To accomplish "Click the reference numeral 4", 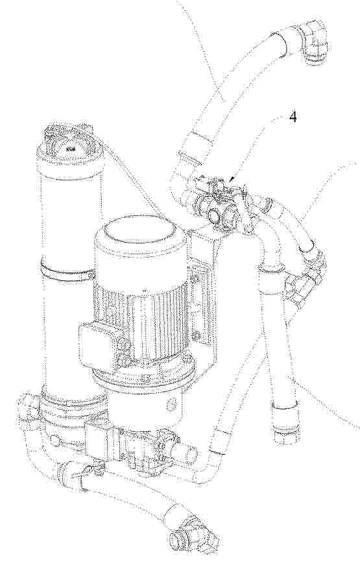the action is coord(293,117).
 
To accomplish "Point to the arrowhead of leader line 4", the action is coord(231,180).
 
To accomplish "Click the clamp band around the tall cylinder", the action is coord(66,271).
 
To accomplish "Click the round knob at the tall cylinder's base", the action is coord(55,440).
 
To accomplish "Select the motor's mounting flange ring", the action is coord(144,375).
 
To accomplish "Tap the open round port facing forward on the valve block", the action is coord(213,215).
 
